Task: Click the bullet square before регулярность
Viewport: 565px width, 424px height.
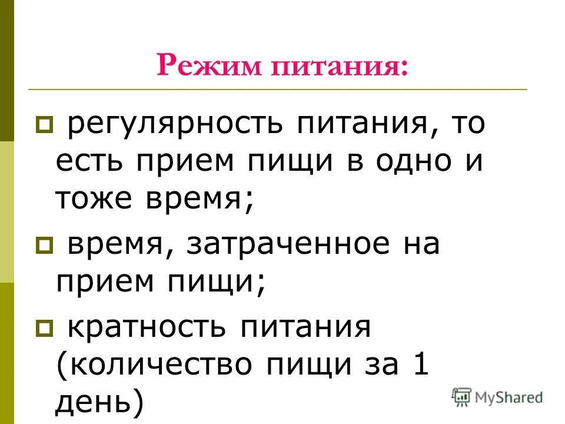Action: (44, 125)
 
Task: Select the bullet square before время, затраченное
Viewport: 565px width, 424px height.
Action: (44, 244)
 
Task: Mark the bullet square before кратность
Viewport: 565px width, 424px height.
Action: (44, 327)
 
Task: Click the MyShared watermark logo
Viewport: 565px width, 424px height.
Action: (498, 396)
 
